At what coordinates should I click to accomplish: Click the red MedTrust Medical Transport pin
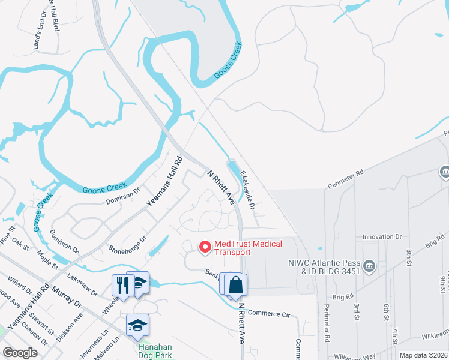(x=205, y=247)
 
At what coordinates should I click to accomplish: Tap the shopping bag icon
(x=236, y=285)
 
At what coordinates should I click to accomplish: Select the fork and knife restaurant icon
(x=121, y=284)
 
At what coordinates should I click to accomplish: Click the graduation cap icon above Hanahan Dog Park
(x=137, y=325)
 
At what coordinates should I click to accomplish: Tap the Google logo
(x=20, y=353)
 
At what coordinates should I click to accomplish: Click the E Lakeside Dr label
(x=247, y=191)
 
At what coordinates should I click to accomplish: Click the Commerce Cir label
(x=268, y=313)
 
